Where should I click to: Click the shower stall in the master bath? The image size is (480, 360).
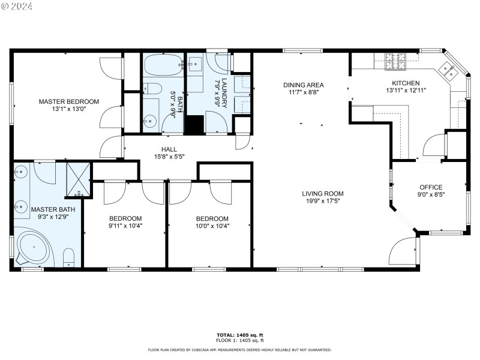(79, 179)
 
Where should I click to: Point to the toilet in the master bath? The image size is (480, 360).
(69, 258)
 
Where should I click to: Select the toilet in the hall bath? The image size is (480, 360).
(152, 89)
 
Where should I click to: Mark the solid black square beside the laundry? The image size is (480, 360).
(194, 124)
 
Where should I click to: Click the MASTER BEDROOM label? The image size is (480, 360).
(69, 101)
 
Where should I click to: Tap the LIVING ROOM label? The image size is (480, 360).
(322, 193)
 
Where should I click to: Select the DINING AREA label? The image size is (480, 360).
(304, 85)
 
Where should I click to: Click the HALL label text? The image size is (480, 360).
(169, 149)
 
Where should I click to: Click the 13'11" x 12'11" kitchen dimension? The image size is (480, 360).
(406, 91)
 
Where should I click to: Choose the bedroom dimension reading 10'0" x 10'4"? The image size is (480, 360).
(212, 226)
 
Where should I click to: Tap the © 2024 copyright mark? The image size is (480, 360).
(17, 6)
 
